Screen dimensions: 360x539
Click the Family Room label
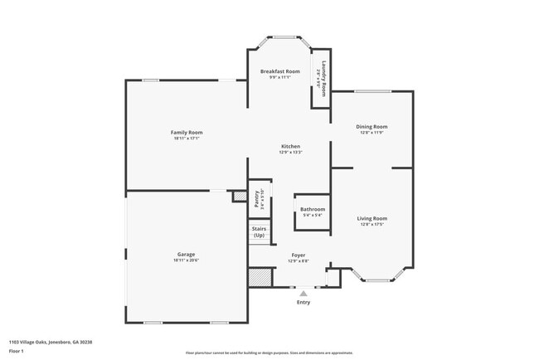[187, 133]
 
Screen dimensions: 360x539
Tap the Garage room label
[187, 255]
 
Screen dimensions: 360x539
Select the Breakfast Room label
[280, 72]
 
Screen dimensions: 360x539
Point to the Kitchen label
[290, 146]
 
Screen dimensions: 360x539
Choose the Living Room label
[373, 218]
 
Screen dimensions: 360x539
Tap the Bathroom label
[313, 210]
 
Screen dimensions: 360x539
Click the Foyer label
[299, 255]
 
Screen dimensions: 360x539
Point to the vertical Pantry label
[256, 198]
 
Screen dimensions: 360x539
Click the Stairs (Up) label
[259, 233]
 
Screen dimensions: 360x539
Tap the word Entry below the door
[303, 302]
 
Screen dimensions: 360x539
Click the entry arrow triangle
[303, 293]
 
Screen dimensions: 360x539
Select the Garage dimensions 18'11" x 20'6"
[187, 260]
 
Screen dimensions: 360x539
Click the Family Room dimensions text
[187, 139]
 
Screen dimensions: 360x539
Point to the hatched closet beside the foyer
[261, 277]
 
